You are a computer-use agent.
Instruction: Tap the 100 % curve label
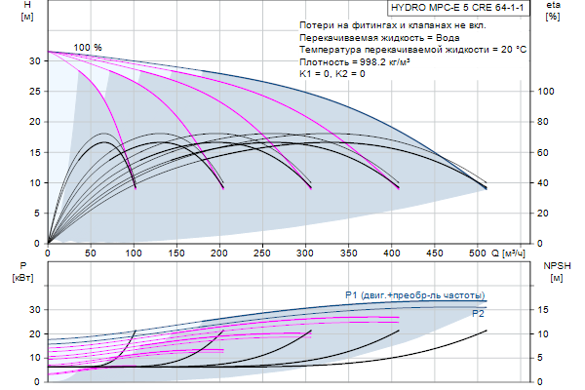[x=88, y=48]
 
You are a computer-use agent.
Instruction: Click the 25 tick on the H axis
[x=36, y=91]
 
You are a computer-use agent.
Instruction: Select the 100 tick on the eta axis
[x=547, y=91]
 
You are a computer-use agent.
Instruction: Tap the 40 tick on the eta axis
[x=547, y=182]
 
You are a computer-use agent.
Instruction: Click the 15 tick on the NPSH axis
[x=546, y=309]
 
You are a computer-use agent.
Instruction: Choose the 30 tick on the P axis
[x=36, y=309]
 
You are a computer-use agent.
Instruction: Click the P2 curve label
[x=478, y=314]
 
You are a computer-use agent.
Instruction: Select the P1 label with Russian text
[x=414, y=293]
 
